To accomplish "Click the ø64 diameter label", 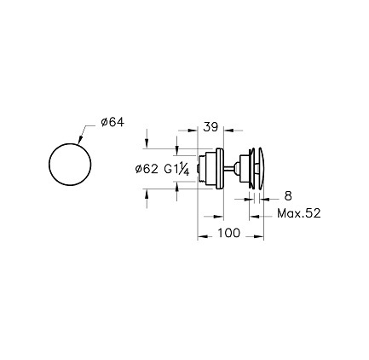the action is click(x=112, y=122).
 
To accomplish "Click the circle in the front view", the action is click(x=70, y=143).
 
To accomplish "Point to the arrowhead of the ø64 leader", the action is click(x=80, y=139).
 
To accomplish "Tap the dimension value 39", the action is click(x=210, y=127).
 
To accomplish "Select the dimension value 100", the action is click(x=229, y=233).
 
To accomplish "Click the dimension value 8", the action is click(x=288, y=196).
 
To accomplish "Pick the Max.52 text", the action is click(x=299, y=213).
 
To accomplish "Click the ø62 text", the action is click(x=147, y=169).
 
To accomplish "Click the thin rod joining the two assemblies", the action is click(x=229, y=168).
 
